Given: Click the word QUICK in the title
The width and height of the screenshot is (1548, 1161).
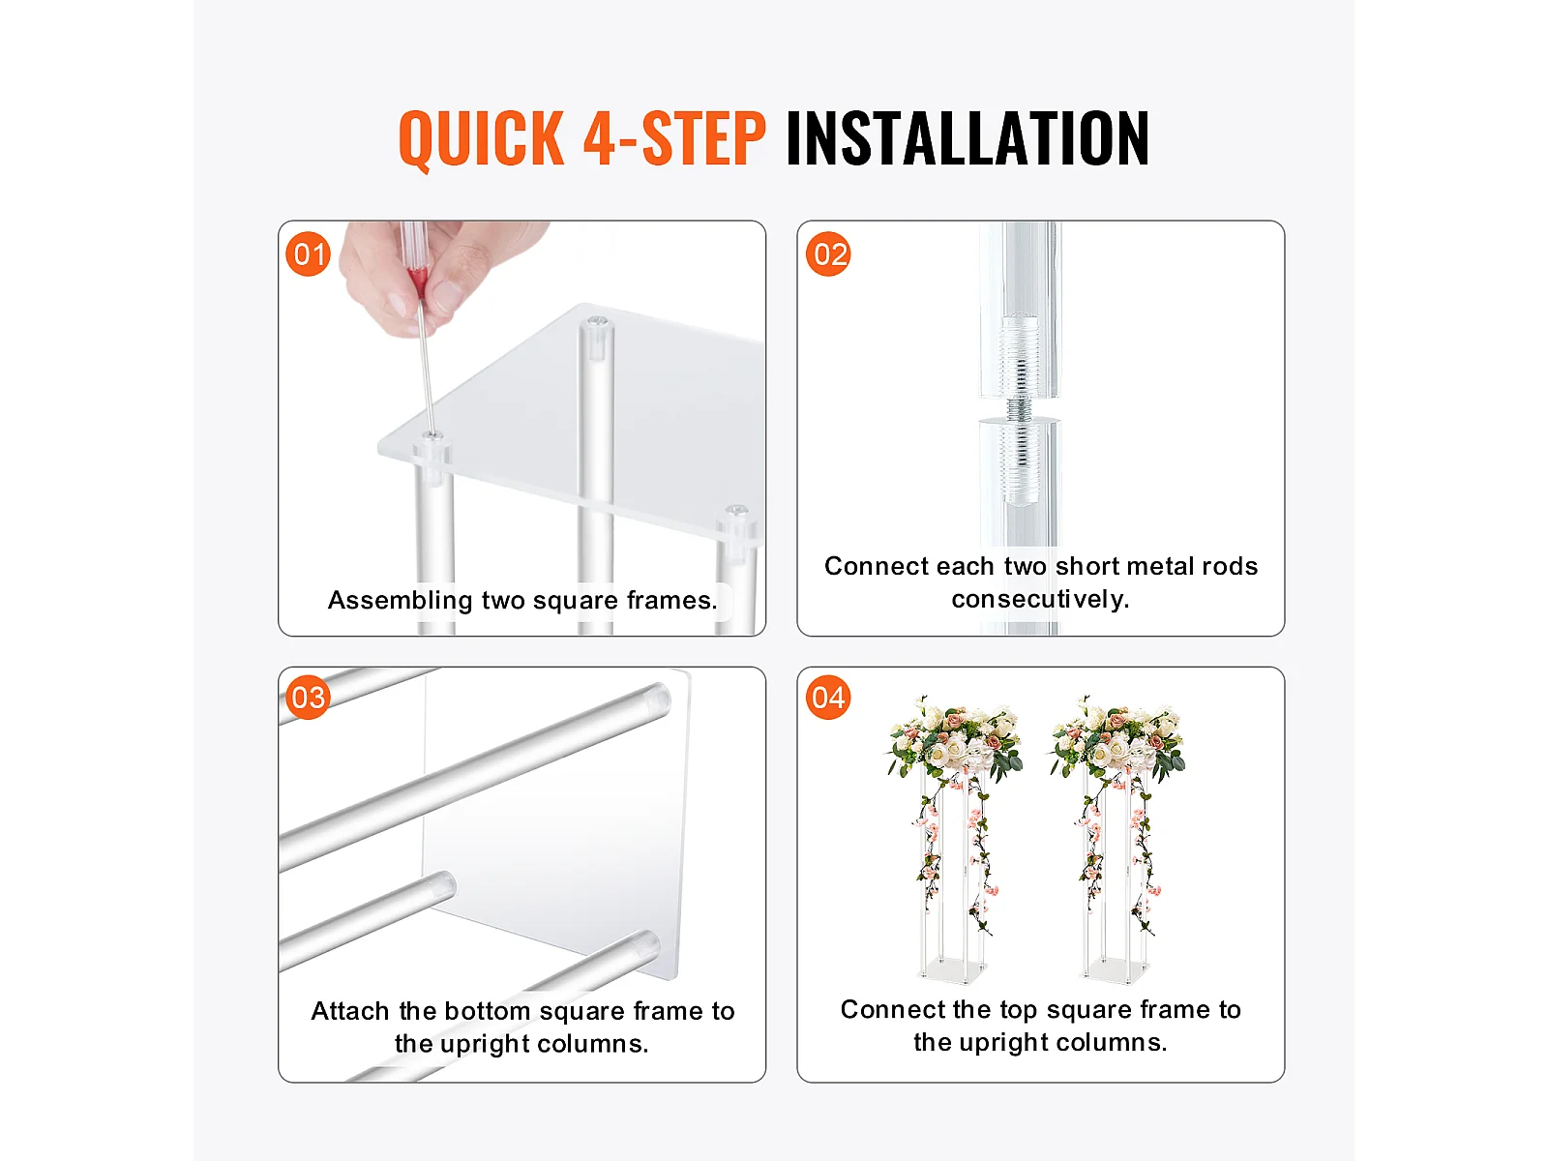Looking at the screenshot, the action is pyautogui.click(x=482, y=139).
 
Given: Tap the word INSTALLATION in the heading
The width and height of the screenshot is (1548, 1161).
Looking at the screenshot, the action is pyautogui.click(x=967, y=139).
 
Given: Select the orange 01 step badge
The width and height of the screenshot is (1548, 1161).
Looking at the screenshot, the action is pyautogui.click(x=309, y=253).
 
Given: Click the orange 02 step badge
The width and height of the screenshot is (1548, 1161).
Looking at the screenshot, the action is pyautogui.click(x=828, y=253).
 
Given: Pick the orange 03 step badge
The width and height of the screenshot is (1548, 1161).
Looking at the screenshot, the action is pyautogui.click(x=309, y=698).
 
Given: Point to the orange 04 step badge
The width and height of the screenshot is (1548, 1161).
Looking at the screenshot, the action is pyautogui.click(x=828, y=698).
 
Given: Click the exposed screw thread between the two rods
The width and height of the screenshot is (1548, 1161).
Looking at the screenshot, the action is pyautogui.click(x=1019, y=409).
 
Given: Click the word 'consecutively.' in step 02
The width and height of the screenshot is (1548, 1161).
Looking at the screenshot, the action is pyautogui.click(x=1040, y=599).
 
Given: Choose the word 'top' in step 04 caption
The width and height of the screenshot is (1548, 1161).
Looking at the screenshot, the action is pyautogui.click(x=1018, y=1011).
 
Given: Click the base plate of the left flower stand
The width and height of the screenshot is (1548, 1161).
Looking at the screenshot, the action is pyautogui.click(x=951, y=969).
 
